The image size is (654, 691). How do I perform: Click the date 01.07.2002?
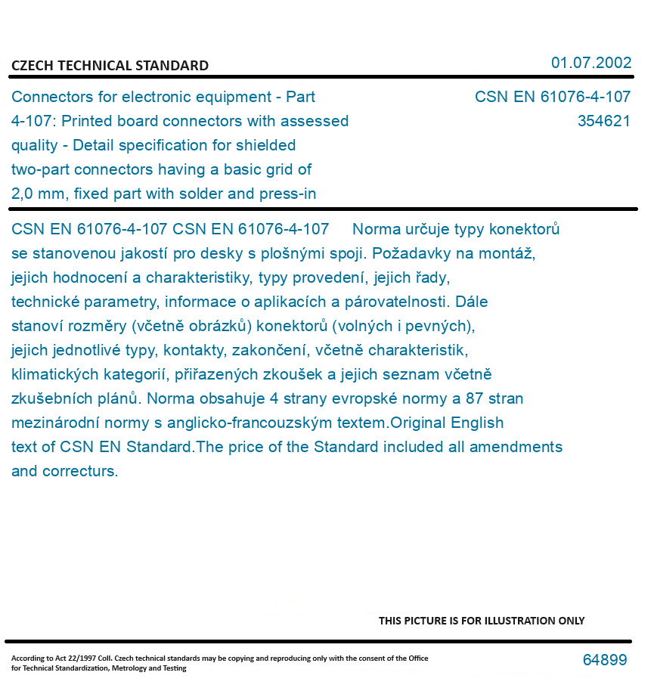point(590,63)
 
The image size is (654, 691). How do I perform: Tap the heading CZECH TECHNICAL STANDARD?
point(110,66)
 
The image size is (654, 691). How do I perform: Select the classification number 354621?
point(603,121)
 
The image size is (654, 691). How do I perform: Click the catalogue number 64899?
point(604,660)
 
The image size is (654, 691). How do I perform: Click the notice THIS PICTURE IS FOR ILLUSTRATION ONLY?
point(481,621)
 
